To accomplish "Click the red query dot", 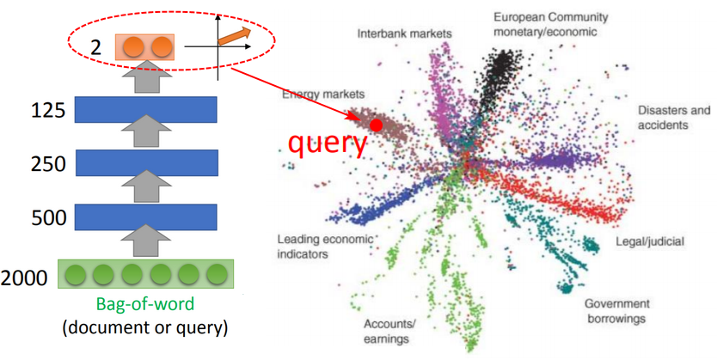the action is tap(376, 125).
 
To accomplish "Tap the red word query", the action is tap(328, 143).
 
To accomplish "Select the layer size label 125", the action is tap(48, 111).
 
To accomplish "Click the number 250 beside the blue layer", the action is tap(48, 164).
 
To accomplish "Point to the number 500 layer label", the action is tap(48, 217).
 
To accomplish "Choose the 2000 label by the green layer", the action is tap(24, 278).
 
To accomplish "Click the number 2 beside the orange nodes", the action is tap(95, 47).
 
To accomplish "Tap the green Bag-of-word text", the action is tap(145, 304).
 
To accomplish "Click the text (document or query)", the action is tap(145, 327).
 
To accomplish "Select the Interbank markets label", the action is tap(404, 34).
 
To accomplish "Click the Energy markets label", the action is tap(323, 95).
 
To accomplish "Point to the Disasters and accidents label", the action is tap(674, 118).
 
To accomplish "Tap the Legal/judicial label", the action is tap(650, 241).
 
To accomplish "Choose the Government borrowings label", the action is tap(616, 311).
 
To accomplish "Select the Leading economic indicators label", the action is tap(325, 247).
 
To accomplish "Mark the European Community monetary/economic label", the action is tap(550, 24).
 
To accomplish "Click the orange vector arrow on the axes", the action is tap(235, 36).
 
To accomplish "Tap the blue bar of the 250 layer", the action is tap(147, 162).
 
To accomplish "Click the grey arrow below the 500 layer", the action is tap(147, 241).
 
